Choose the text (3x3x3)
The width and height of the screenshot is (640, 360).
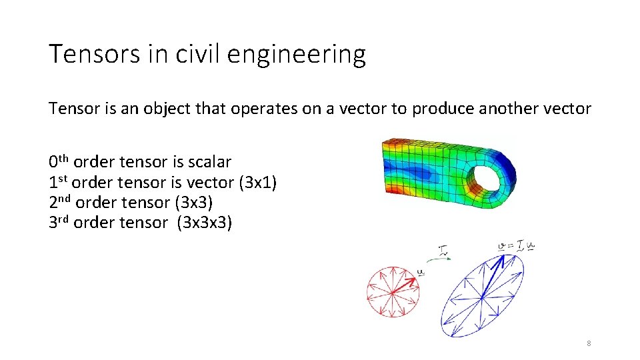(x=204, y=222)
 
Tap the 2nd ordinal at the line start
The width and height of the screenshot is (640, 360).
(x=60, y=201)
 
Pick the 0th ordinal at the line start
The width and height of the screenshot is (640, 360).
(x=59, y=161)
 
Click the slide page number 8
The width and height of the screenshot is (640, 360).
(x=589, y=343)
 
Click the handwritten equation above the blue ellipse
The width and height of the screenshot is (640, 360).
(x=517, y=247)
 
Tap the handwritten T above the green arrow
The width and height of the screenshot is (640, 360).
(x=445, y=251)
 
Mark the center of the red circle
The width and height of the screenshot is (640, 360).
(x=393, y=292)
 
